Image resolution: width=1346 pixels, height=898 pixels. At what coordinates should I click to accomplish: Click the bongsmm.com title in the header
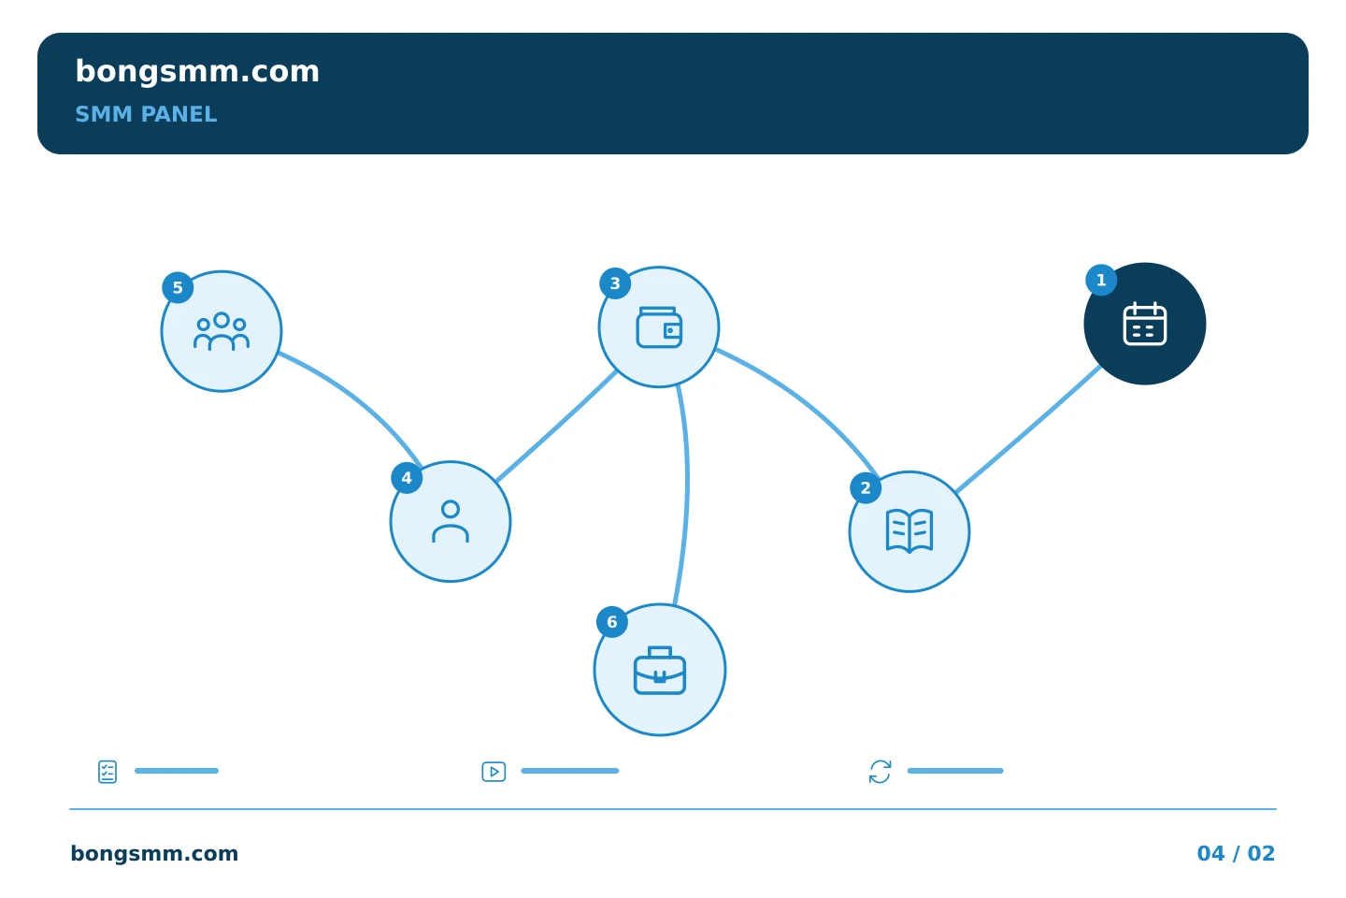[x=197, y=72]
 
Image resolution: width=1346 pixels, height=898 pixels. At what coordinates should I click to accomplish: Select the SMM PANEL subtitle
[x=146, y=114]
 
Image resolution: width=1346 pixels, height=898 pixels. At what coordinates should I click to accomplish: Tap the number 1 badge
[x=1101, y=281]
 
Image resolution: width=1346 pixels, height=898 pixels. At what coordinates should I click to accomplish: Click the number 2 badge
[x=866, y=487]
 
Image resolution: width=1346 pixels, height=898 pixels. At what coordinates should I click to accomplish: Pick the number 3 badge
[x=615, y=283]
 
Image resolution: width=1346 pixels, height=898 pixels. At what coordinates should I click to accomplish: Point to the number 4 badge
[x=407, y=478]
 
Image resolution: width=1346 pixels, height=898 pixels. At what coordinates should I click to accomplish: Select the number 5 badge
[x=178, y=287]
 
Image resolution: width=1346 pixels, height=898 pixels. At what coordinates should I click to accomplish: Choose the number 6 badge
[x=611, y=622]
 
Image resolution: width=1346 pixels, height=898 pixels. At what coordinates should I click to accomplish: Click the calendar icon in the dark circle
[x=1145, y=324]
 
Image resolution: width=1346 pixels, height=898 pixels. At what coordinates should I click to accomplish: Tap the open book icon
[x=909, y=530]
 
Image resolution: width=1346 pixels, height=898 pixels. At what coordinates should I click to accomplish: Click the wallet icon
[x=659, y=327]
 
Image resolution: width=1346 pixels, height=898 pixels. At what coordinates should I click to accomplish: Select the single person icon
[x=451, y=521]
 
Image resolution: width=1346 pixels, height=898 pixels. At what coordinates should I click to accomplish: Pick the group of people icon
[x=222, y=331]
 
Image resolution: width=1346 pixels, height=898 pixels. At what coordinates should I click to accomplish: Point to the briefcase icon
[x=660, y=670]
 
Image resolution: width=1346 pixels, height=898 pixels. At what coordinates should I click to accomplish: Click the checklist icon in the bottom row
[x=107, y=772]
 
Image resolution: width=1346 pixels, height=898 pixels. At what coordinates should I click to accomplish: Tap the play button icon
[x=494, y=772]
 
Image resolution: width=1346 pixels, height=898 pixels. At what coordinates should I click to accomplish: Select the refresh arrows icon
[x=880, y=772]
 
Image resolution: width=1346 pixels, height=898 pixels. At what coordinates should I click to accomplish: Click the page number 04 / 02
[x=1236, y=853]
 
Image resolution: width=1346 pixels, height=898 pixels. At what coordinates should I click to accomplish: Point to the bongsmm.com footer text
[x=154, y=853]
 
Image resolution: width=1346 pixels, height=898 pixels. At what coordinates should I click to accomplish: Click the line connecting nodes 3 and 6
[x=687, y=493]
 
